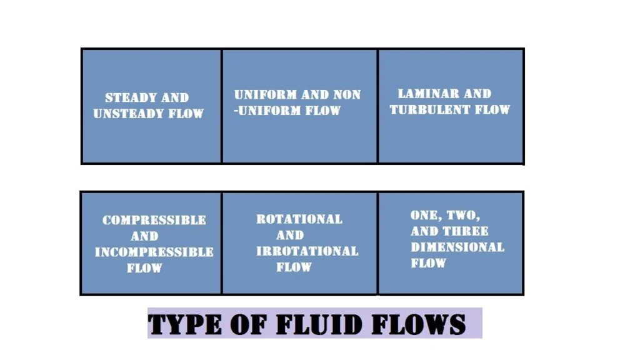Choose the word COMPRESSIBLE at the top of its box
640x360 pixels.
pos(154,220)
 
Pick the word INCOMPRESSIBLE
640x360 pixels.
pos(154,252)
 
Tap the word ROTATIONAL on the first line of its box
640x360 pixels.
pos(299,219)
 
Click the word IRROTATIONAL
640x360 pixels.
pos(307,251)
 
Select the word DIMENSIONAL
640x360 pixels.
pos(457,247)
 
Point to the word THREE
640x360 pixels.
pos(466,231)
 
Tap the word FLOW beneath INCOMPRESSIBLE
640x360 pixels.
pos(144,269)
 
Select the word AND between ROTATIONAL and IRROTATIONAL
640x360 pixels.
pos(289,236)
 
